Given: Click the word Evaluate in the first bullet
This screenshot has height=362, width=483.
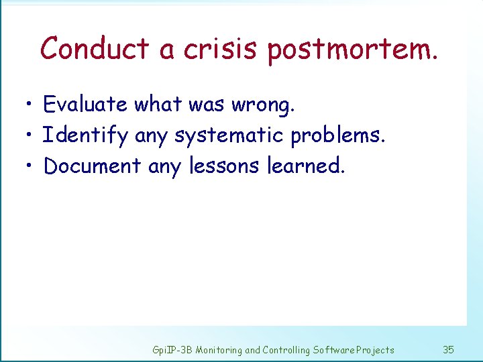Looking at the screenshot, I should coord(85,105).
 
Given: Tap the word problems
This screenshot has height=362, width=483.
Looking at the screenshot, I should coord(338,136).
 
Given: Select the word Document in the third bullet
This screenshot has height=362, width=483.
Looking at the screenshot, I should coord(92,166).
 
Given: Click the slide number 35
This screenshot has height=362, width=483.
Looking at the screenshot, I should coord(449,350).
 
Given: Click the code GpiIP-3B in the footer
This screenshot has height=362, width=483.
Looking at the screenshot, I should coord(172,350).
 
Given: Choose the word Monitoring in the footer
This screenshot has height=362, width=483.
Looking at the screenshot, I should coord(219,350).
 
